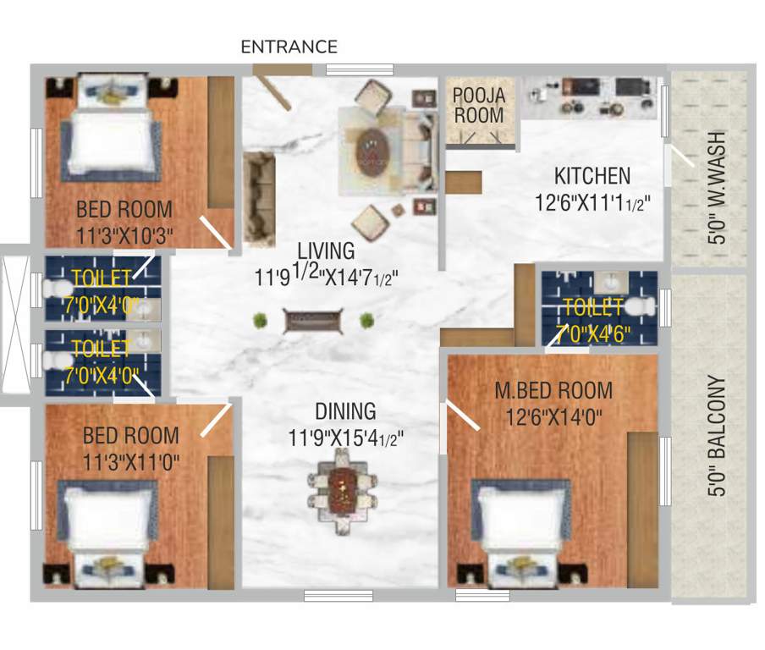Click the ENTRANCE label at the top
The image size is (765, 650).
pos(289,47)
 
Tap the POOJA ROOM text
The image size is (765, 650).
pos(478,105)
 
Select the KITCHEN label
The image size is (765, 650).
pos(592,176)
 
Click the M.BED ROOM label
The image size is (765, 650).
pos(554,390)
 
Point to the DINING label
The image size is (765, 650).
pos(345,412)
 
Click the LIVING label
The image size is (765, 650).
pos(325,251)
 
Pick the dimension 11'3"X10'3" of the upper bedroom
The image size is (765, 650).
pos(124,234)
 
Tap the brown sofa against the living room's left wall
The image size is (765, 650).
pos(258,197)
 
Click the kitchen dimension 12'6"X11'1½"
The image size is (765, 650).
pos(592,203)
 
